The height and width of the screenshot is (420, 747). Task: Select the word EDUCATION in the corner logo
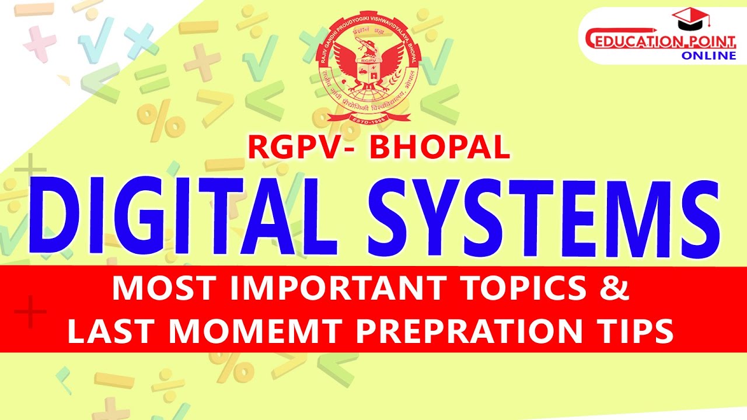click(628, 42)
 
